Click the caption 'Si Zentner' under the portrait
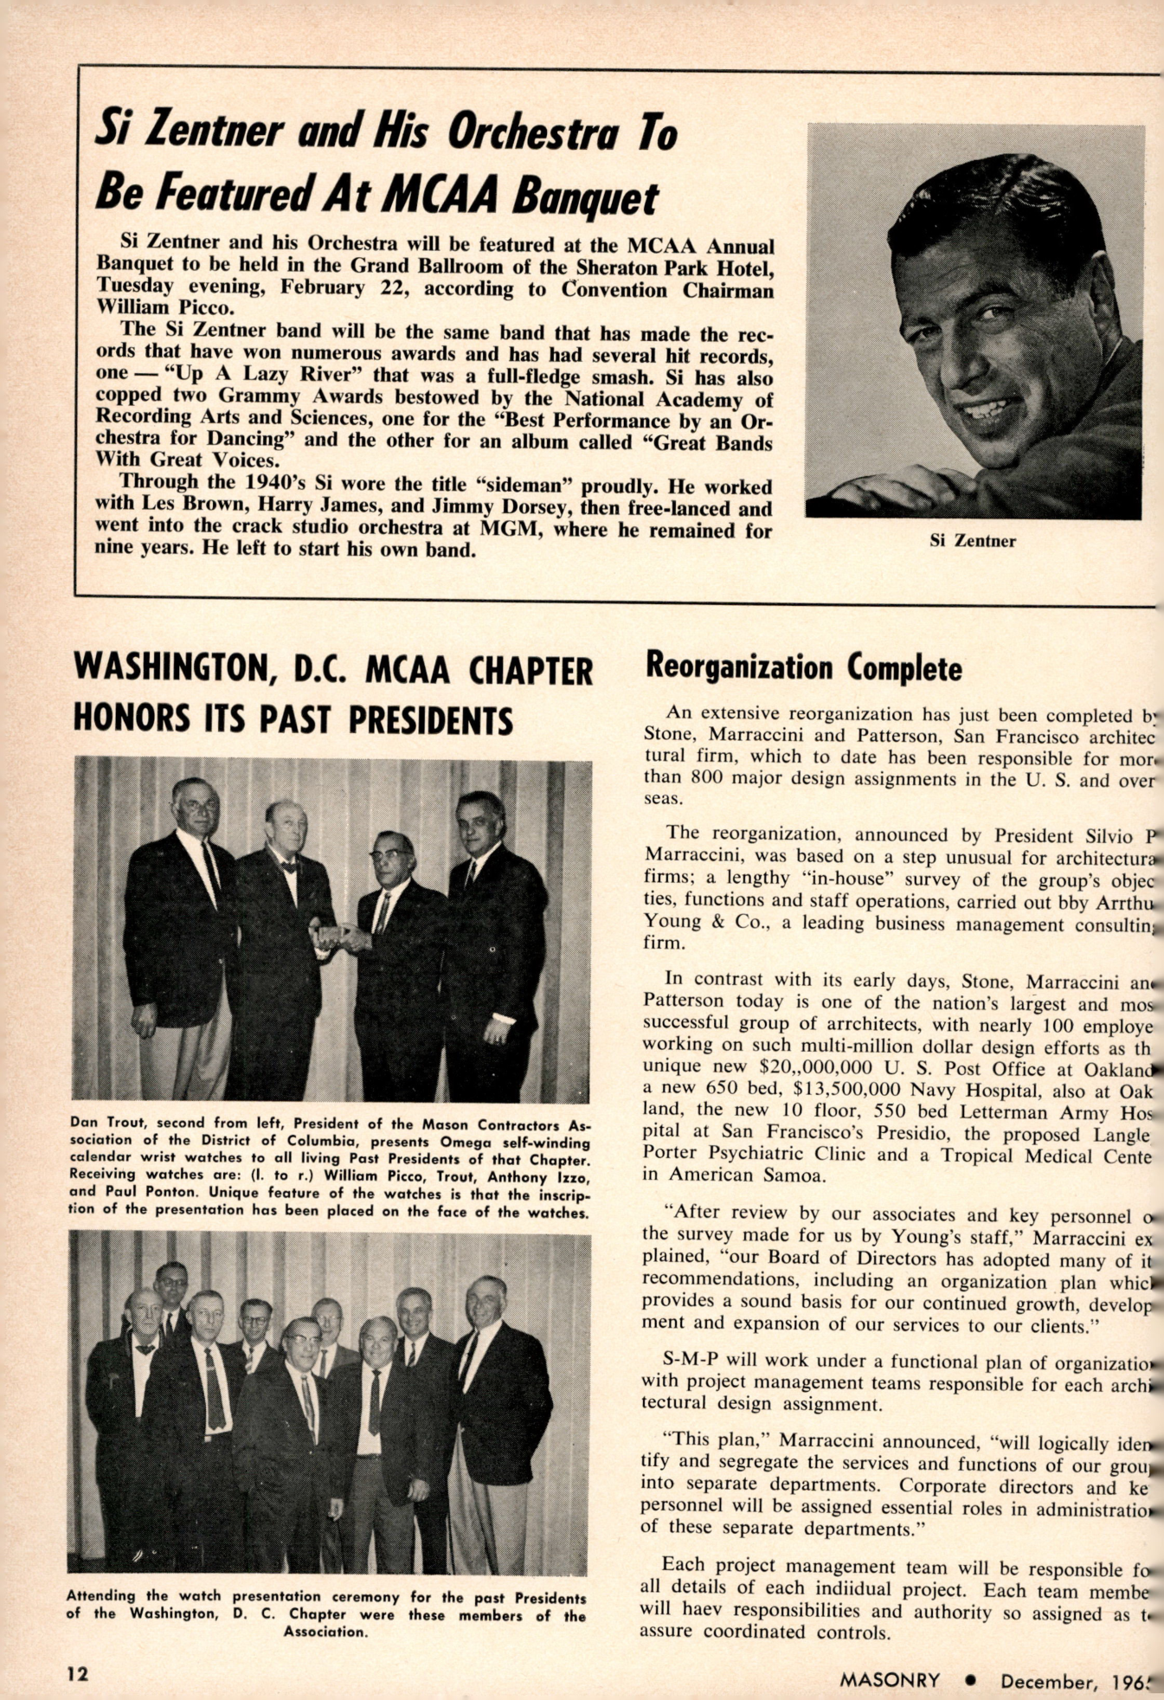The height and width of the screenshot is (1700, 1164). [972, 541]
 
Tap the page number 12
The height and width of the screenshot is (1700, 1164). [78, 1672]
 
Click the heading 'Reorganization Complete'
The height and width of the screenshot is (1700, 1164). [803, 667]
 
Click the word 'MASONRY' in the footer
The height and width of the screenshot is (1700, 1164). [889, 1680]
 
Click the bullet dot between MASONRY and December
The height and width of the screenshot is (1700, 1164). [970, 1681]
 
